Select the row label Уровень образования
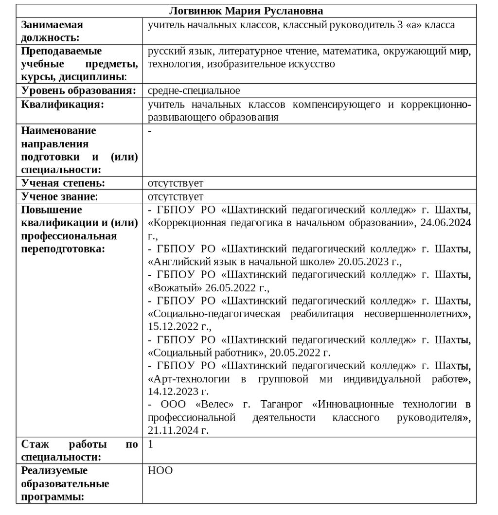pos(78,90)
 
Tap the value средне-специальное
pos(194,90)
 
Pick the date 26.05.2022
pos(231,288)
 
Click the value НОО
pos(160,471)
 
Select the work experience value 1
pos(150,444)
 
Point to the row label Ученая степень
pos(63,183)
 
